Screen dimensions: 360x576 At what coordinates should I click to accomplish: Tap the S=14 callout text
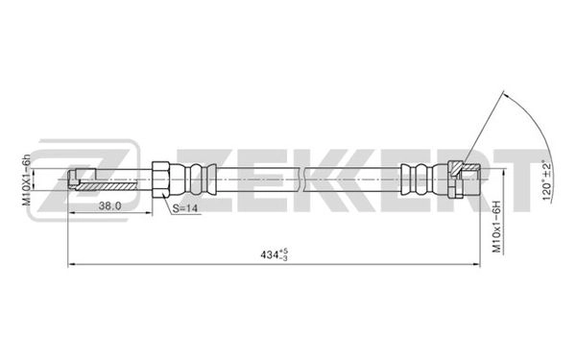[186, 209]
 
